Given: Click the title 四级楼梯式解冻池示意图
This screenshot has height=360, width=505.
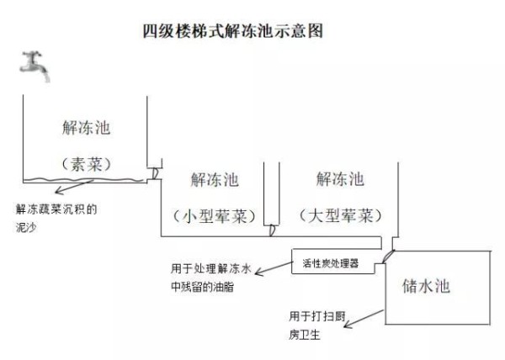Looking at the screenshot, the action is tap(233, 31).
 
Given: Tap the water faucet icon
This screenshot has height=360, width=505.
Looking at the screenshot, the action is tap(35, 66).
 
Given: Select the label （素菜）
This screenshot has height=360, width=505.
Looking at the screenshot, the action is tap(87, 164).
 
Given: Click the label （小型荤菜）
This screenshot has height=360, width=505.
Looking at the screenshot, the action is tap(214, 216).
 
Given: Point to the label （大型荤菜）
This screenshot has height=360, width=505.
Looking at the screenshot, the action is tap(340, 215).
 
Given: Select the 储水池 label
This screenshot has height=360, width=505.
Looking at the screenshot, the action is tap(426, 286).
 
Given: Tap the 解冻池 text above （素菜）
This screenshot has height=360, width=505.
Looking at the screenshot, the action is tap(87, 127).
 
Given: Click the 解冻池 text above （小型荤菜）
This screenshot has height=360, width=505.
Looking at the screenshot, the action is tap(215, 179).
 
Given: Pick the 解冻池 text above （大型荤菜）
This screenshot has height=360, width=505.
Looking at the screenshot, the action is tap(340, 178).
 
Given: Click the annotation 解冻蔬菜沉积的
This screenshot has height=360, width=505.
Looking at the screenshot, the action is tap(56, 209).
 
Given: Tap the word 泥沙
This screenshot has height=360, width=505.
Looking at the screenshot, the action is tap(26, 227).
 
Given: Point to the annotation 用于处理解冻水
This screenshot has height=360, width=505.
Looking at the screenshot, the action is tap(210, 268).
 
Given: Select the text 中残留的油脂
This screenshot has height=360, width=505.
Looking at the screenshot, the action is tap(202, 287).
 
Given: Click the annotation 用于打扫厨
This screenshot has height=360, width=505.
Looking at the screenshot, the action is tap(317, 316).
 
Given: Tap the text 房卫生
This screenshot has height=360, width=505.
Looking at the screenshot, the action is tap(305, 335).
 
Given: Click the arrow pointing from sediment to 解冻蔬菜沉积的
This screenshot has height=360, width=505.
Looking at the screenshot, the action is tap(74, 187).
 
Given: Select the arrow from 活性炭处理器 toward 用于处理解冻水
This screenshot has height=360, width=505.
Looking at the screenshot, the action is tap(274, 268).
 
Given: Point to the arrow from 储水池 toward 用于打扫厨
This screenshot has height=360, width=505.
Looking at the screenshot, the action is tap(364, 319).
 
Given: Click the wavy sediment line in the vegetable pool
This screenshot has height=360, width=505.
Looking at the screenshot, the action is tap(83, 179).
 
